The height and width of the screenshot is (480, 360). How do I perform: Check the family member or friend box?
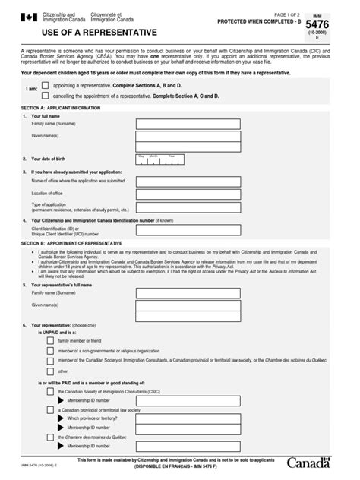(49, 341)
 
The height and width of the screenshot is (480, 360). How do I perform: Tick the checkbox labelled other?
(49, 372)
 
